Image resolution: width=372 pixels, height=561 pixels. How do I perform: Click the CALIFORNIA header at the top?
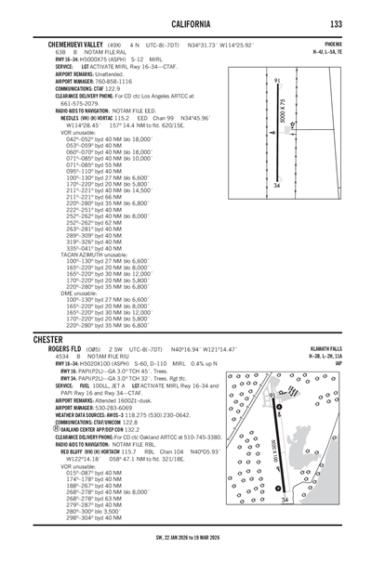click(186, 22)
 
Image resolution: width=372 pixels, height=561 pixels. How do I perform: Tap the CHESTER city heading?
click(51, 339)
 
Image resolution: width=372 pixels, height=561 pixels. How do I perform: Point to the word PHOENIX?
click(334, 44)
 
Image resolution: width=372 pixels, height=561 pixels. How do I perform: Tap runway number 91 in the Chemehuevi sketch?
click(278, 83)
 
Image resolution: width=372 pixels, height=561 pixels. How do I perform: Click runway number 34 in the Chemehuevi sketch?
click(277, 187)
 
